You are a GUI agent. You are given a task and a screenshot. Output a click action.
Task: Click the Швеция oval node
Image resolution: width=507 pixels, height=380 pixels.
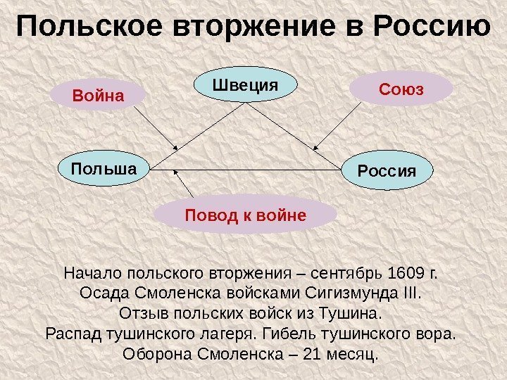click(246, 86)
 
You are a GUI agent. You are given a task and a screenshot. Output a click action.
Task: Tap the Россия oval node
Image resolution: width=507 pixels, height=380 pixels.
click(387, 171)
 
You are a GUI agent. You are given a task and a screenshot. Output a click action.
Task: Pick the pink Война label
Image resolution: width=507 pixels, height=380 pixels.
click(98, 94)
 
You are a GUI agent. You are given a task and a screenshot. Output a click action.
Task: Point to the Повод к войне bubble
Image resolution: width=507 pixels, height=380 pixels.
click(245, 214)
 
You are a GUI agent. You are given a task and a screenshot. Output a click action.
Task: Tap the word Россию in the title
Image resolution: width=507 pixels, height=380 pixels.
click(431, 28)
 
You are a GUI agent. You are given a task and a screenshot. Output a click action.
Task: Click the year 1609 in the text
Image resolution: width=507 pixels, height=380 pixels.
click(408, 272)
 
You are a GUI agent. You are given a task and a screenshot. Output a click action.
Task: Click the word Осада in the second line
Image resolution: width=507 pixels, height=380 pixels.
click(102, 292)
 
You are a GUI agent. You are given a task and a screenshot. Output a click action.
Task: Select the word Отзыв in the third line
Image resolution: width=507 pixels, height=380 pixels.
click(142, 312)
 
